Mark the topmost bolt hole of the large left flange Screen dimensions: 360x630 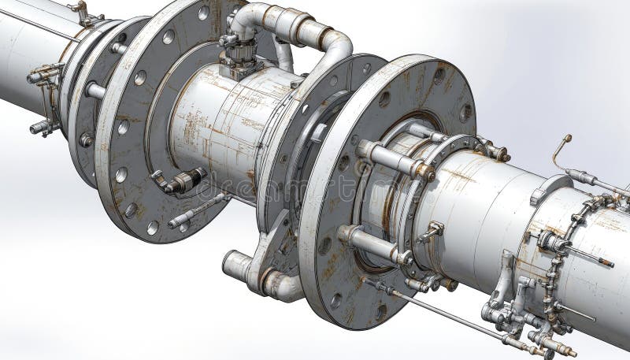point(203,13)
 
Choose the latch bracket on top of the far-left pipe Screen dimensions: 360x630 point(81,11)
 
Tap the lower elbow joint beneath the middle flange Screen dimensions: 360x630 point(276,281)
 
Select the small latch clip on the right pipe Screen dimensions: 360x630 point(432,231)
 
